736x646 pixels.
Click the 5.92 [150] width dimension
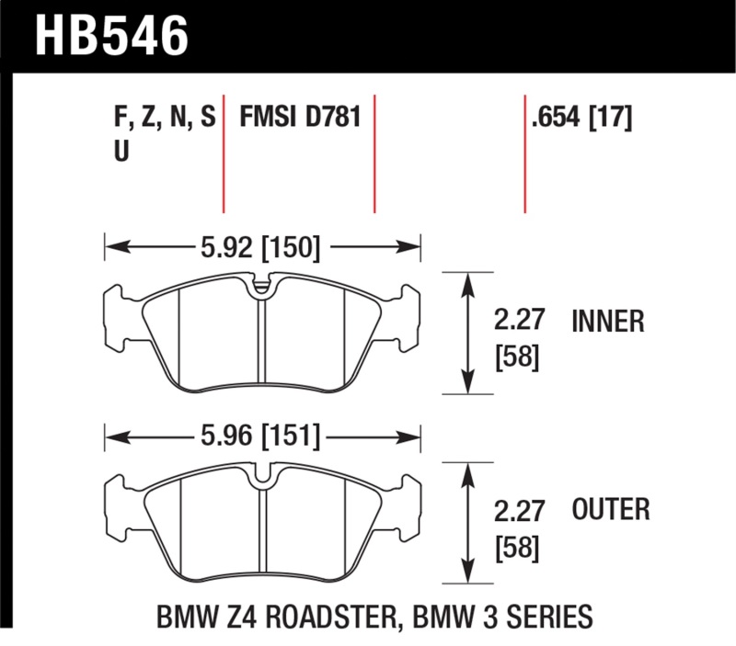259,246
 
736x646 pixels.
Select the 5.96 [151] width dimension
259,436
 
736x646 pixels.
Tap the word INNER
608,321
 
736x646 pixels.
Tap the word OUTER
611,508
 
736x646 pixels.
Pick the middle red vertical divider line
375,152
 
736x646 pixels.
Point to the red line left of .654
524,152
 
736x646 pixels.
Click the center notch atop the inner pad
262,287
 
